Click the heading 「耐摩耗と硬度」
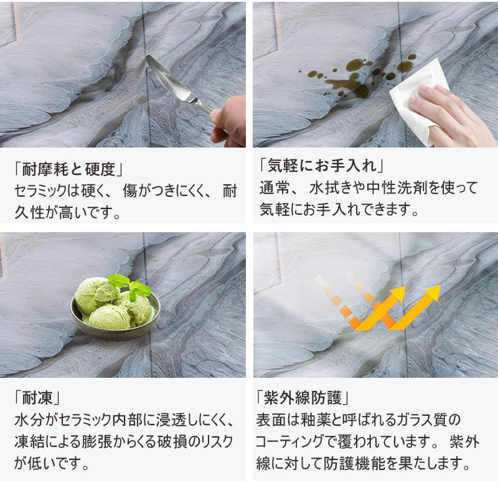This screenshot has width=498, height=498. pyautogui.click(x=69, y=169)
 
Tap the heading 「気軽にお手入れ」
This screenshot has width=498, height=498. pyautogui.click(x=322, y=165)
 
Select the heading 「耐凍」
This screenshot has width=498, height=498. pyautogui.click(x=37, y=397)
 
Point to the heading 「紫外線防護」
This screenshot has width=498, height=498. pyautogui.click(x=303, y=397)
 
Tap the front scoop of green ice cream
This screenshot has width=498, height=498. pyautogui.click(x=109, y=317)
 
